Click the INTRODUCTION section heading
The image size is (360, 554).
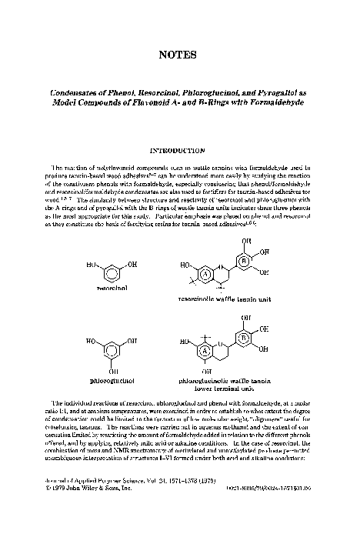(x=179, y=151)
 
